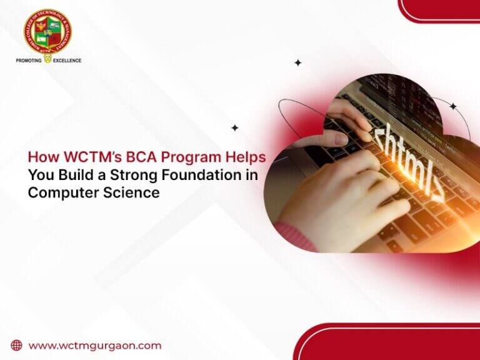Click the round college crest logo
point(47,32)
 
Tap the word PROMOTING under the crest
point(29,61)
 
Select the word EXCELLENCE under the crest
point(67,61)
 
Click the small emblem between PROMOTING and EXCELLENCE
point(46,61)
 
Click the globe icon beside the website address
point(17,345)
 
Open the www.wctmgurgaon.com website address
point(95,345)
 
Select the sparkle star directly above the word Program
point(234,127)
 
